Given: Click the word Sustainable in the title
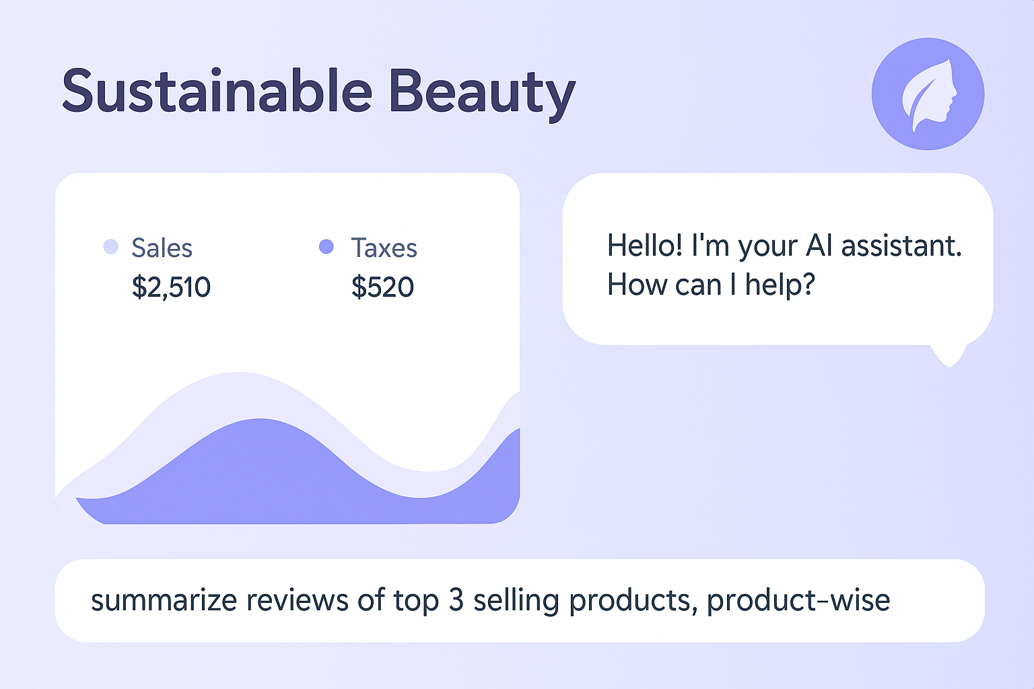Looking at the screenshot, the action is [x=217, y=90].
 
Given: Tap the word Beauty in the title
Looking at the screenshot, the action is [x=483, y=95].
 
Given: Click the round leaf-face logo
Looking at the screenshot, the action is [x=928, y=94].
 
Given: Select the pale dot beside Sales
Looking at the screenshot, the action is [x=111, y=246].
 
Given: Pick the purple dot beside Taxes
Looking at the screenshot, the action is [x=326, y=246].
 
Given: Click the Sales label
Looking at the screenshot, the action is [x=162, y=248].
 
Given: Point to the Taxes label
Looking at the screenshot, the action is [x=384, y=248].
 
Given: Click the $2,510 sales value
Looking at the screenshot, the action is [x=171, y=287].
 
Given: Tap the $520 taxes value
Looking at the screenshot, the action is [x=382, y=287].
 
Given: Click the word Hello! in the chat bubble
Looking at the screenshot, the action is [x=644, y=245].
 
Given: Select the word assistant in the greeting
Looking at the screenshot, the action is [x=901, y=246].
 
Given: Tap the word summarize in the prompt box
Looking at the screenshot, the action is [x=164, y=600].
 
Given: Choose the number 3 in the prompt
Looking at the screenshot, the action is [x=456, y=600].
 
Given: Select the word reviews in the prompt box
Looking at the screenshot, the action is [x=298, y=600].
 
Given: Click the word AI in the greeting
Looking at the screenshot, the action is [x=819, y=245].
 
